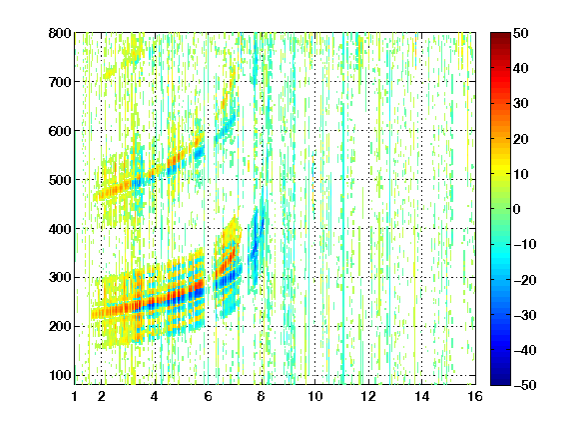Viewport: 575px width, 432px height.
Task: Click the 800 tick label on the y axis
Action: tap(60, 33)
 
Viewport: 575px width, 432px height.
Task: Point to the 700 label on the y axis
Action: tap(60, 82)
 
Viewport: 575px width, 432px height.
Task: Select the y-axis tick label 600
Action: tap(60, 131)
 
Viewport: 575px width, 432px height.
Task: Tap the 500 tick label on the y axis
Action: tap(60, 180)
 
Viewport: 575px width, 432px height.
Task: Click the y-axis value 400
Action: tap(60, 229)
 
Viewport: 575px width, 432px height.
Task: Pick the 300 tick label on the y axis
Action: tap(60, 277)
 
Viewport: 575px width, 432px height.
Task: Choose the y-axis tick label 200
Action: tap(60, 326)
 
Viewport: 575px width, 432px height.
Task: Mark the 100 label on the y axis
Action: tap(60, 375)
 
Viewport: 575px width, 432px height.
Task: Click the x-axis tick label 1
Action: tap(75, 397)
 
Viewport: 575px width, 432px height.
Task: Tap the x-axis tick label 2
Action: tap(102, 397)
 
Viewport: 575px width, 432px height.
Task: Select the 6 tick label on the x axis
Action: tap(209, 397)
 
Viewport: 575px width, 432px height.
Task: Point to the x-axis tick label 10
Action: tap(315, 397)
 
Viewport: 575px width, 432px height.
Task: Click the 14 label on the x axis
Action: tap(421, 397)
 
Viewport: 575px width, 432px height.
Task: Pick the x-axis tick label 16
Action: tap(475, 397)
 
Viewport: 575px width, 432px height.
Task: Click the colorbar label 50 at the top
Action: tap(520, 33)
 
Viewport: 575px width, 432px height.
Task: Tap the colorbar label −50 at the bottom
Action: tap(525, 385)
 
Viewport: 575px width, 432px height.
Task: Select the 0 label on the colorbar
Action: tap(517, 209)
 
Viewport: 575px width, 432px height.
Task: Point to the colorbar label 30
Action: tap(520, 104)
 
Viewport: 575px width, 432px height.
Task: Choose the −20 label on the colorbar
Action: tap(525, 280)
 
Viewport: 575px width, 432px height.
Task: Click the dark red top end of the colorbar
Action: tap(500, 35)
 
